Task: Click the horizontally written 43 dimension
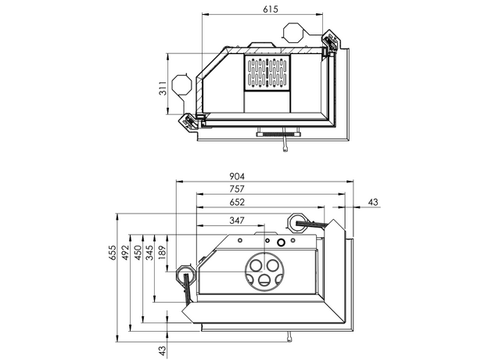pyautogui.click(x=373, y=203)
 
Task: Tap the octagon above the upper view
pyautogui.click(x=295, y=34)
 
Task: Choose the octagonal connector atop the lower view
pyautogui.click(x=298, y=221)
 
